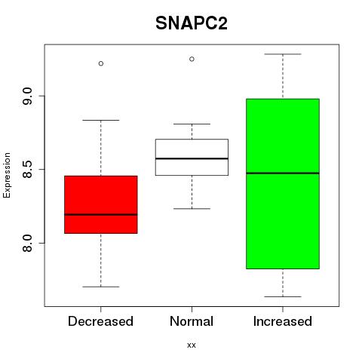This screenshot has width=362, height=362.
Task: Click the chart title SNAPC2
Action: click(192, 23)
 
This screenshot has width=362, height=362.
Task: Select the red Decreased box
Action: click(101, 204)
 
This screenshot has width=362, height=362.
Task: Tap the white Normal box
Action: click(192, 157)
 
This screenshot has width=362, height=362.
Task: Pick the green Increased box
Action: click(283, 184)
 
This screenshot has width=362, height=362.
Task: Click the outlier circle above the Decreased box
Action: click(101, 63)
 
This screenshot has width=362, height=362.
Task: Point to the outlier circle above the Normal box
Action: click(192, 59)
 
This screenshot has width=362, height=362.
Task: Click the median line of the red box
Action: click(101, 214)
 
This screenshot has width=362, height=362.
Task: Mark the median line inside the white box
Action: click(192, 158)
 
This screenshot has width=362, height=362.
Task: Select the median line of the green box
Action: click(283, 173)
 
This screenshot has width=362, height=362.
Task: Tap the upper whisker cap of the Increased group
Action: click(283, 54)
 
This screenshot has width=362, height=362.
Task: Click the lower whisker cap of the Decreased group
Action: click(101, 287)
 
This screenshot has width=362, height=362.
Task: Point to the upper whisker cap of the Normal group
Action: click(192, 124)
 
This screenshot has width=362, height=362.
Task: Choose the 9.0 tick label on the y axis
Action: click(27, 96)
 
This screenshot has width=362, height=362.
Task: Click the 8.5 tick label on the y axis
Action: click(27, 170)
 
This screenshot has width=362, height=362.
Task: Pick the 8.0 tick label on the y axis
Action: click(27, 243)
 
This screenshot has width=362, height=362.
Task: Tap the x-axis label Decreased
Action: click(100, 321)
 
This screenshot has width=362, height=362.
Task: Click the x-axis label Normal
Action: click(192, 321)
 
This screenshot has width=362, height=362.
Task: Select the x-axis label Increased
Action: click(283, 321)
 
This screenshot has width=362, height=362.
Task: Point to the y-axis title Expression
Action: click(7, 175)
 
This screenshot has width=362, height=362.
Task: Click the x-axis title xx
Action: click(192, 345)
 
